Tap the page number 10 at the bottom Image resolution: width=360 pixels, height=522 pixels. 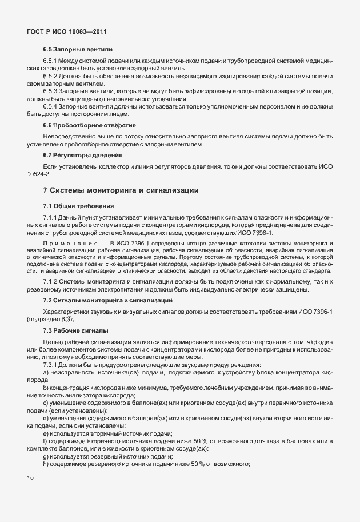30,476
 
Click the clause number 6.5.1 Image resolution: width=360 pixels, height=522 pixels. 52,61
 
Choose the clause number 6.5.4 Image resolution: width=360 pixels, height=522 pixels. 52,106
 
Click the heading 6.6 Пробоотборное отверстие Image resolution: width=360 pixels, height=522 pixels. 90,125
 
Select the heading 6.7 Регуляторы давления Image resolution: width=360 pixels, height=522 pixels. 83,155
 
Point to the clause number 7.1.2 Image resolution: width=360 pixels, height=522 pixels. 52,282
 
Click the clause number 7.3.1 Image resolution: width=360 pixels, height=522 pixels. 52,365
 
